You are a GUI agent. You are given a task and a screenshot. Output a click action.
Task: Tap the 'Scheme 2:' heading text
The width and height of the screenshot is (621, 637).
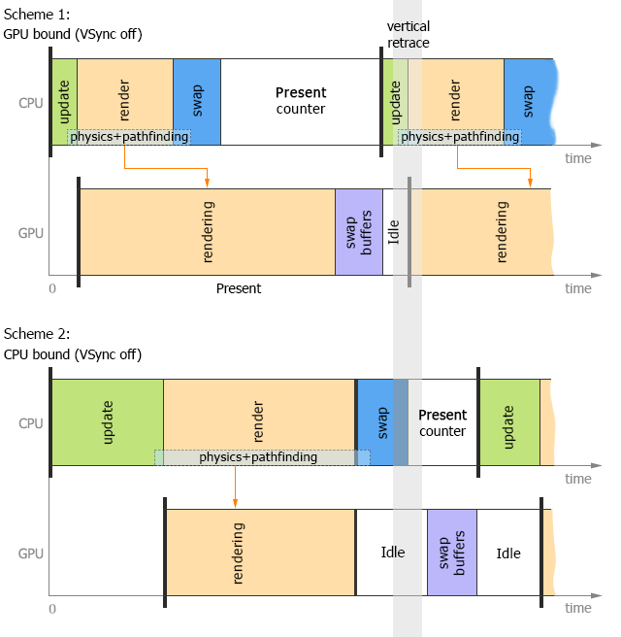(x=32, y=334)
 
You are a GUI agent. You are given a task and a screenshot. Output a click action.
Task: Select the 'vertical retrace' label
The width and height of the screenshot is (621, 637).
(x=408, y=35)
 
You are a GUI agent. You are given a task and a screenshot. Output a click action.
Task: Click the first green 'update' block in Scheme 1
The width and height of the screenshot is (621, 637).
(x=64, y=101)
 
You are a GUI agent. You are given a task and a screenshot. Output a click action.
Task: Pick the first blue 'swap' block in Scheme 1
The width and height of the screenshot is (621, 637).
(x=197, y=101)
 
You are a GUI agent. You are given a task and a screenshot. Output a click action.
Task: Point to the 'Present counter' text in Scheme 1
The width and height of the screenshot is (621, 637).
(x=301, y=101)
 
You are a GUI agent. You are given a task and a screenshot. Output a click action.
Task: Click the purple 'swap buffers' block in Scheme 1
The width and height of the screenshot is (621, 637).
(x=359, y=231)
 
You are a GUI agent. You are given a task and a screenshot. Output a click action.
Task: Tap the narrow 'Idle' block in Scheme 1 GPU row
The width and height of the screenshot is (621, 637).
(x=395, y=231)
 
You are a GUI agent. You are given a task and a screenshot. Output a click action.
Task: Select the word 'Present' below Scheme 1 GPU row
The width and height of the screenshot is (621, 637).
(x=239, y=288)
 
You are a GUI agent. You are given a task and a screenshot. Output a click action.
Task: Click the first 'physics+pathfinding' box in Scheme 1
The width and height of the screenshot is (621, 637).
(x=129, y=137)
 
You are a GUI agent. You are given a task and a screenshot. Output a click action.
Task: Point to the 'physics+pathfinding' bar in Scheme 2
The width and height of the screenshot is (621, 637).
(x=262, y=456)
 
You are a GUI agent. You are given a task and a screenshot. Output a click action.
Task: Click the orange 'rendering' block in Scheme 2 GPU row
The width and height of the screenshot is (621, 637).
(x=260, y=553)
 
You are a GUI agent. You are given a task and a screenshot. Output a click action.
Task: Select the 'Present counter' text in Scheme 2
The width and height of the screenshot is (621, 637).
(x=442, y=422)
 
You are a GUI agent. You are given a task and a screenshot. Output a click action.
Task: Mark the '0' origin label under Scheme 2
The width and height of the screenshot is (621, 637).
(x=52, y=609)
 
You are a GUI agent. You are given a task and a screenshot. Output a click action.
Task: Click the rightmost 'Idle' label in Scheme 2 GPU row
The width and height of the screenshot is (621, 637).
(x=508, y=553)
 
